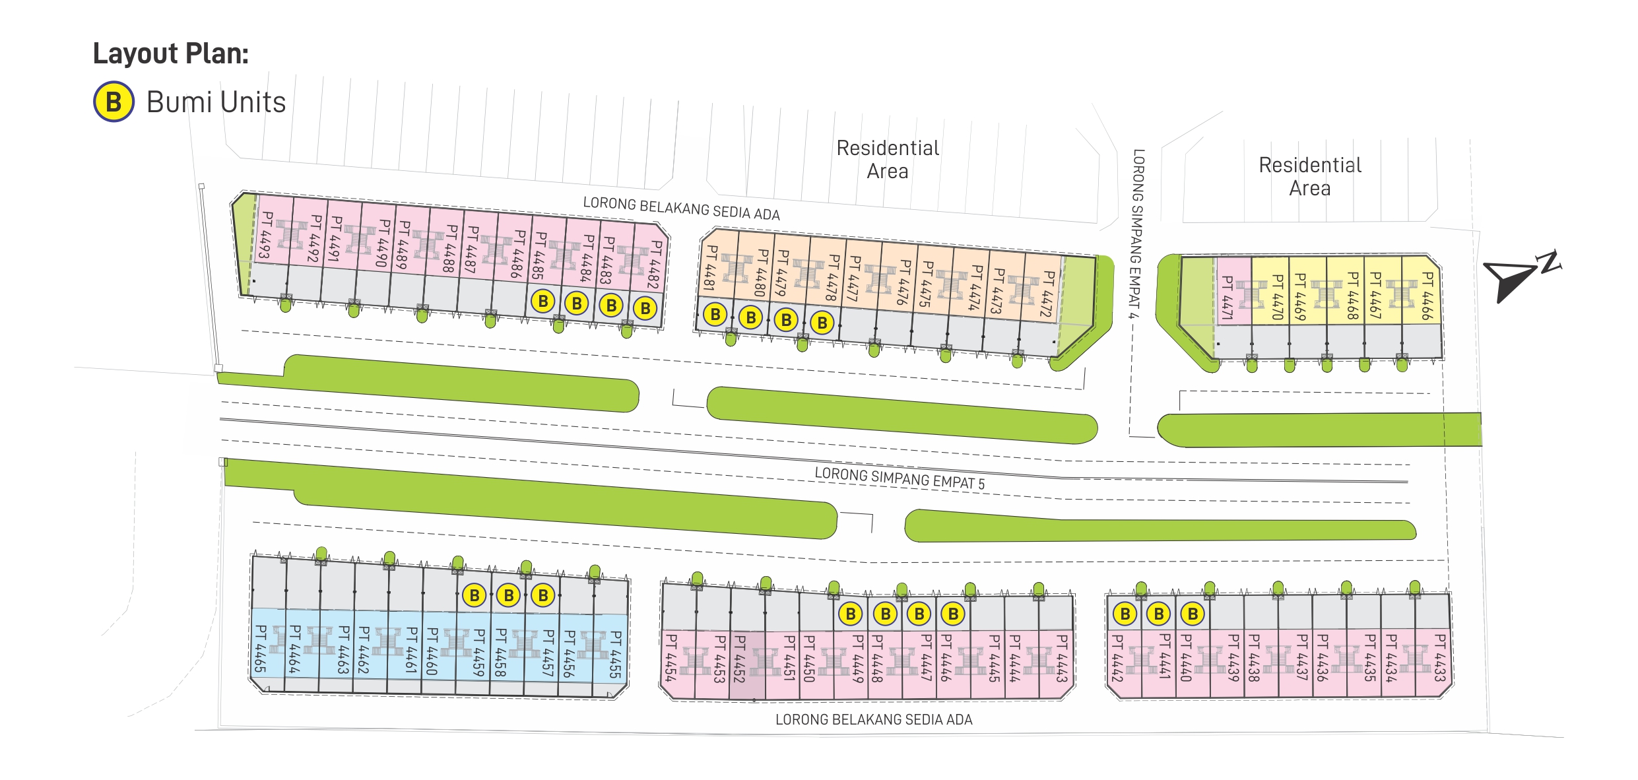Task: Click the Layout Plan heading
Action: tap(170, 53)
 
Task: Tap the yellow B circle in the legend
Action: tap(114, 102)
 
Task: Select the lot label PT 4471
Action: tap(1227, 298)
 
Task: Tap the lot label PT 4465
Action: tap(260, 649)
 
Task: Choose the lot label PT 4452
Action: tap(739, 659)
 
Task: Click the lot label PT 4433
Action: tap(1440, 658)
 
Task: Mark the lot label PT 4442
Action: tap(1117, 658)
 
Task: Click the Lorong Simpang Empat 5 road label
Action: tap(899, 478)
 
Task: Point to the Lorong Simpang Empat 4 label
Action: tap(1136, 234)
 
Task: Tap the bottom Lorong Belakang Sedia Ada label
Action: tap(873, 720)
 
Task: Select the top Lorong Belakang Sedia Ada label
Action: tap(681, 209)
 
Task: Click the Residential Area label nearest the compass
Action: tap(1309, 177)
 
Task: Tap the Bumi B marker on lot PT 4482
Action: tap(645, 308)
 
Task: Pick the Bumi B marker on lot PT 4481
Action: tap(715, 315)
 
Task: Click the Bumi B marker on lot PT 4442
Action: tap(1125, 614)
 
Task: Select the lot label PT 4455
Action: tap(615, 655)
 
